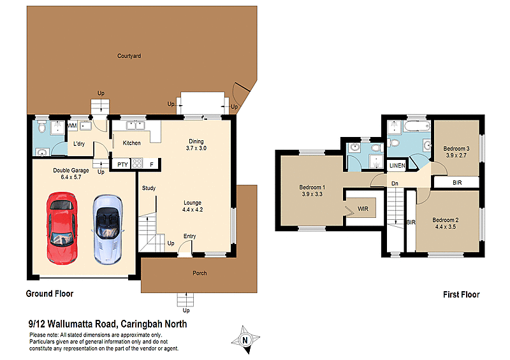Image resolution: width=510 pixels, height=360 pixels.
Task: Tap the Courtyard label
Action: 129,56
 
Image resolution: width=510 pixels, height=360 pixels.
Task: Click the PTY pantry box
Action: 122,164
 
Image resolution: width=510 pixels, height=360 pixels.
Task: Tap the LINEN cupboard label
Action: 397,166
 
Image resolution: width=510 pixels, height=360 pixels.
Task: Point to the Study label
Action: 149,188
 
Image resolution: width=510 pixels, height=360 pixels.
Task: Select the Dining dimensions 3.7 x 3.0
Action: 196,148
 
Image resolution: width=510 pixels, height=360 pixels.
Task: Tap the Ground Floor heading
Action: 49,294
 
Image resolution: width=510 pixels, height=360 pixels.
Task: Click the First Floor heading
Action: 461,294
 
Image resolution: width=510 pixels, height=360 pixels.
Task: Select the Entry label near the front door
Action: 189,236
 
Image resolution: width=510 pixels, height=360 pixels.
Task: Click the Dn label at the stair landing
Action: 395,184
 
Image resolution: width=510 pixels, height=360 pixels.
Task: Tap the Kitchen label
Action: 132,143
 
